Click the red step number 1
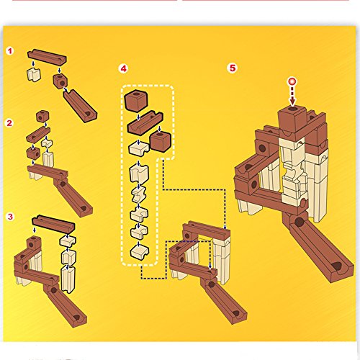click(x=10, y=51)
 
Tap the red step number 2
click(x=9, y=123)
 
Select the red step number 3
click(x=10, y=217)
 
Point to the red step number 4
click(x=123, y=68)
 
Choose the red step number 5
click(x=233, y=68)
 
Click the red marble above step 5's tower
click(x=292, y=81)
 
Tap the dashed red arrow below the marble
click(x=292, y=96)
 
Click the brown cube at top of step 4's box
click(x=136, y=101)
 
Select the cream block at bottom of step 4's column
click(x=139, y=252)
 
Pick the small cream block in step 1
click(x=34, y=74)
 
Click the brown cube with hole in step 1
click(x=60, y=81)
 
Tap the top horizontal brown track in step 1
click(x=47, y=56)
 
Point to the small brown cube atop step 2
click(x=42, y=116)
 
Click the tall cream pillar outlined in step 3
click(x=68, y=279)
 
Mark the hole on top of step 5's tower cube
click(x=292, y=109)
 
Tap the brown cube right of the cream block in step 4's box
click(x=161, y=142)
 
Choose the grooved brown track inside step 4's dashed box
click(x=145, y=122)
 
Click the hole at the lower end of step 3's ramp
click(x=77, y=318)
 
